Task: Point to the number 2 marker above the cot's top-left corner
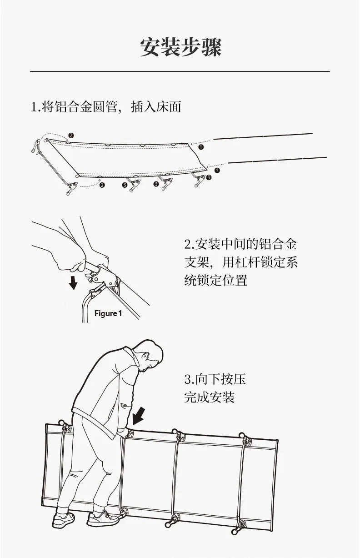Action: pos(70,136)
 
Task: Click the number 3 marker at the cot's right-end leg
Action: pos(209,178)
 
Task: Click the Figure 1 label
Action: pos(108,313)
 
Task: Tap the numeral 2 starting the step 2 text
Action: pos(187,245)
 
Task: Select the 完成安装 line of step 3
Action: pos(209,397)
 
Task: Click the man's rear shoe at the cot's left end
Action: pos(63,519)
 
